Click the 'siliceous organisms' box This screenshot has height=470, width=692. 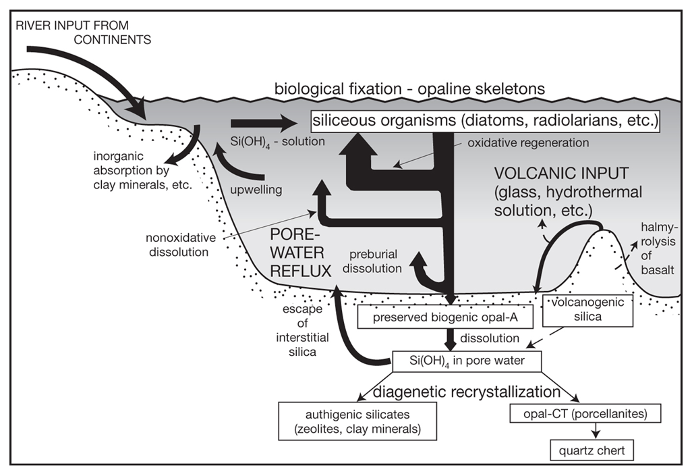[x=484, y=122]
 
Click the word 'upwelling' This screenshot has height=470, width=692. [x=257, y=190]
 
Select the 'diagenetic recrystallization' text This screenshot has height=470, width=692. [x=467, y=391]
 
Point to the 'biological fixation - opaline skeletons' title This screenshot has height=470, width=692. [x=409, y=89]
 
